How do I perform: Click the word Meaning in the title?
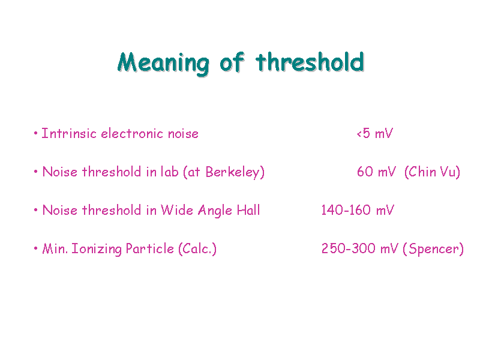[163, 64]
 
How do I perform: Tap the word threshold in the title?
[310, 62]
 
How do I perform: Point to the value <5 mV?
[374, 133]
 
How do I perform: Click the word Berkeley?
[233, 172]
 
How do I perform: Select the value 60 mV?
[377, 172]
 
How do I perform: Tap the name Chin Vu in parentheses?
[432, 172]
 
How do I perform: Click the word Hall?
[248, 211]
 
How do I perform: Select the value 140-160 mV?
[358, 211]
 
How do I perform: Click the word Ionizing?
[97, 249]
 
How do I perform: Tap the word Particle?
[149, 248]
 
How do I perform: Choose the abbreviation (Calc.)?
[197, 249]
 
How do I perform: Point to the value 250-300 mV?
[360, 248]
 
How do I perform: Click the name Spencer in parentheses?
[433, 249]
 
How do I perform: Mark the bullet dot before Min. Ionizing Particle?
[36, 248]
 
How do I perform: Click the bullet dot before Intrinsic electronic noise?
[36, 133]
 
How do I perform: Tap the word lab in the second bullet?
[170, 172]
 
